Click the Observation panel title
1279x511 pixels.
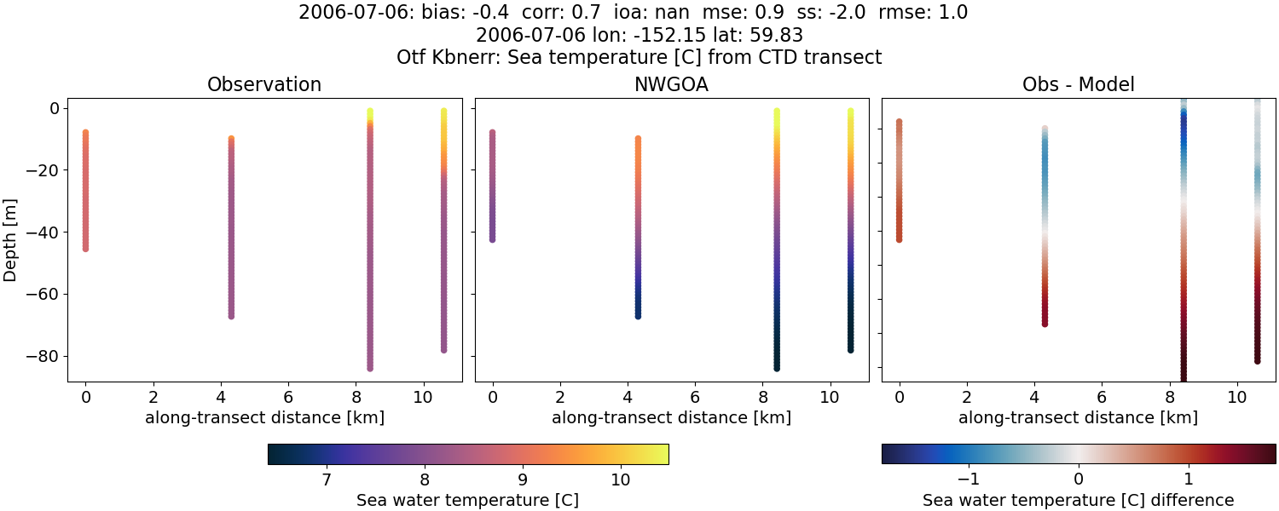264,85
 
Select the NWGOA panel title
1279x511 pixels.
671,85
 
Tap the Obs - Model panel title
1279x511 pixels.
1079,85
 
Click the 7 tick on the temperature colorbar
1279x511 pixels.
326,480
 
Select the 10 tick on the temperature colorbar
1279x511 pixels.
620,480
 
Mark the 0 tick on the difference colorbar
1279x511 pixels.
1079,480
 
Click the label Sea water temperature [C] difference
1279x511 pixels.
1079,500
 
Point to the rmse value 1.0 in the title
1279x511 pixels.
951,13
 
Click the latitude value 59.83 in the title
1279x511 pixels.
778,36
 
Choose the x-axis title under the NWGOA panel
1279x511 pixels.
671,417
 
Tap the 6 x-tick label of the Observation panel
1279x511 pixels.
288,397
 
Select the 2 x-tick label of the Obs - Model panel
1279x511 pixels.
967,397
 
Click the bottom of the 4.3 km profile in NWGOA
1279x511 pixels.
638,316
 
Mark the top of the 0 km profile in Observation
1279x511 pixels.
85,133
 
